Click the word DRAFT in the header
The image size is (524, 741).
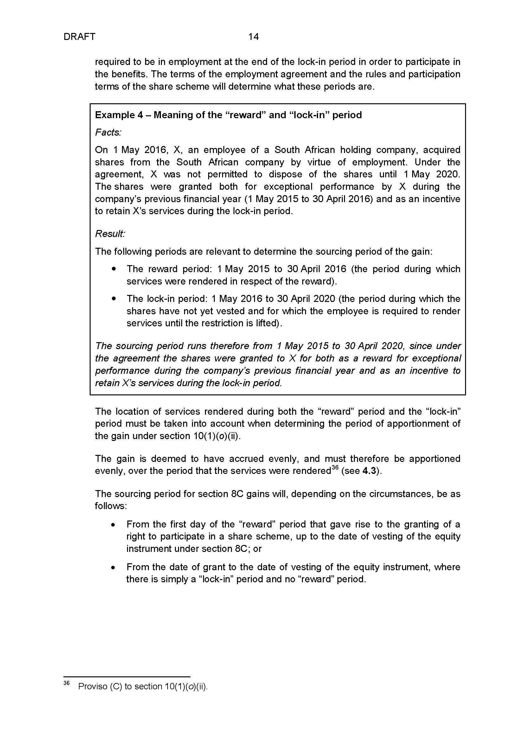tap(80, 37)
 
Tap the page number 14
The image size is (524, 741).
tap(253, 37)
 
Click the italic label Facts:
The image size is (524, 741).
tap(108, 132)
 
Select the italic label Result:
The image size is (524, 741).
tap(110, 233)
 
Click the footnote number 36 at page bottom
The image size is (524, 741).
tap(67, 683)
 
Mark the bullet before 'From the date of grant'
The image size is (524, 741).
tap(113, 568)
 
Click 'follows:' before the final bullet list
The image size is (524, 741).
tap(111, 506)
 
